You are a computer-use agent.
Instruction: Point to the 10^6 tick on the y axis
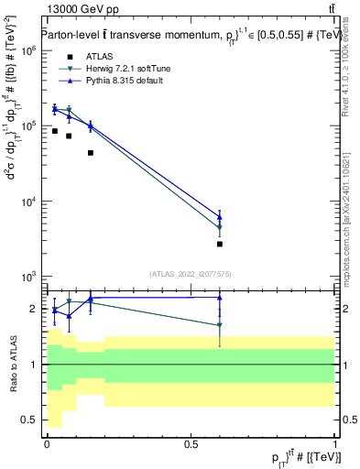[x=28, y=51]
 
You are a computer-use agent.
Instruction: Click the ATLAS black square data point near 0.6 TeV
[x=220, y=244]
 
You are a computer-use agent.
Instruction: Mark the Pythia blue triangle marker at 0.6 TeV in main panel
[x=220, y=217]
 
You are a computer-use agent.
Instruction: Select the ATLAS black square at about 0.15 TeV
[x=90, y=152]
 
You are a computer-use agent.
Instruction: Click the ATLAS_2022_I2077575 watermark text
[x=191, y=273]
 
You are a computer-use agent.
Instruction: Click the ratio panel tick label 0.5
[x=30, y=420]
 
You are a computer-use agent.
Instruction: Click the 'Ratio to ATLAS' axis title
[x=13, y=365]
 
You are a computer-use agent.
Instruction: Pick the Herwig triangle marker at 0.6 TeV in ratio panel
[x=220, y=325]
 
